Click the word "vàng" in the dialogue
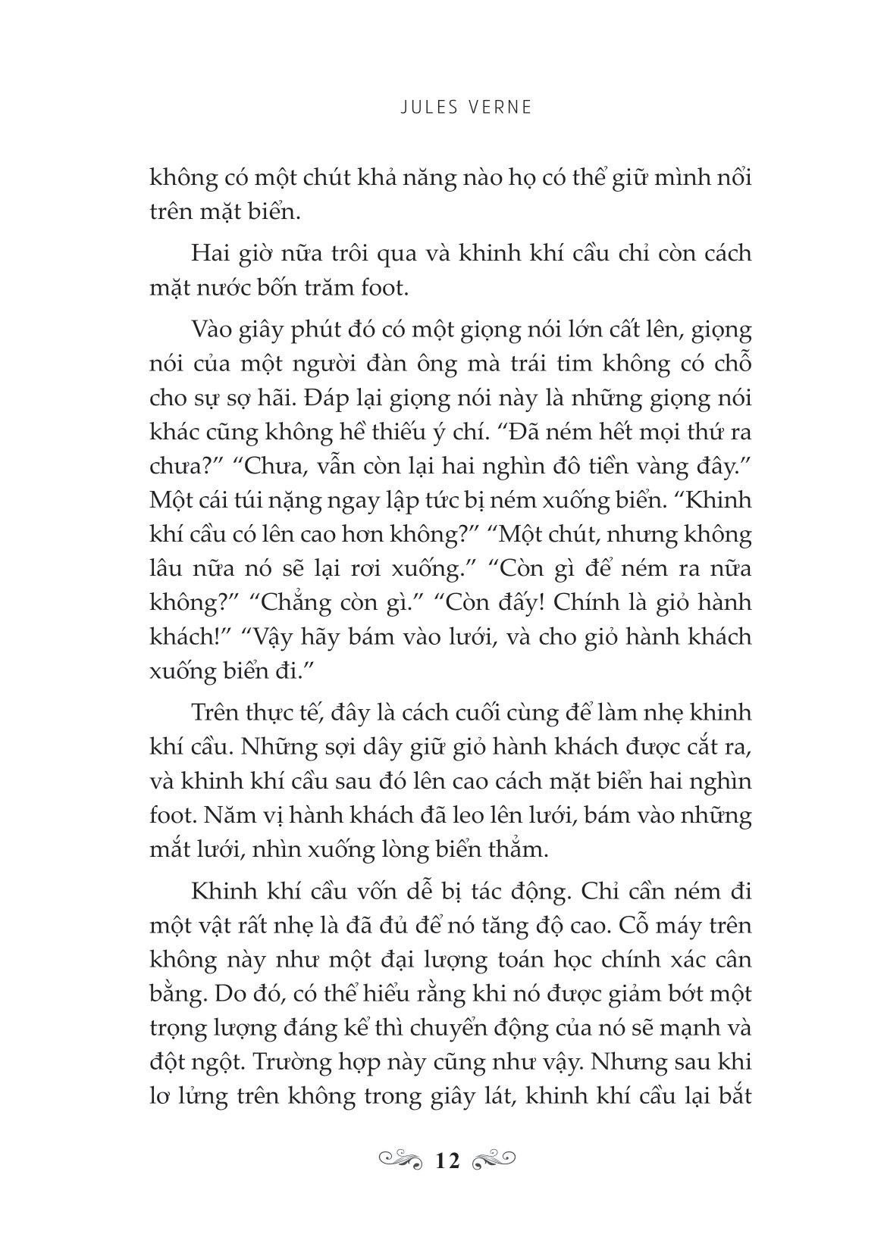click(644, 467)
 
